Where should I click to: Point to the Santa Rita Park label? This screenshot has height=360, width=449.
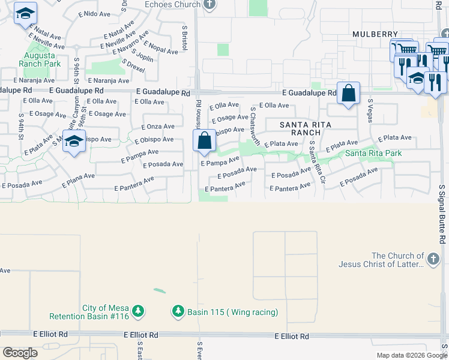click(373, 154)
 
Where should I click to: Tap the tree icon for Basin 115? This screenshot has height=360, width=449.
click(178, 311)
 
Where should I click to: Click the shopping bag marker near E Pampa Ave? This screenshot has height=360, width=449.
click(205, 141)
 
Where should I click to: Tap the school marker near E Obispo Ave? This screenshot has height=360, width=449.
click(74, 142)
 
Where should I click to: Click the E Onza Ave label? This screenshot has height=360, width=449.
click(158, 127)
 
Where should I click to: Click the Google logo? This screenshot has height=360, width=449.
click(20, 353)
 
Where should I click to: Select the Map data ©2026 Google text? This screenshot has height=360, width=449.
click(411, 355)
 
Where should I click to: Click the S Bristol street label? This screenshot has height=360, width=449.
click(184, 37)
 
